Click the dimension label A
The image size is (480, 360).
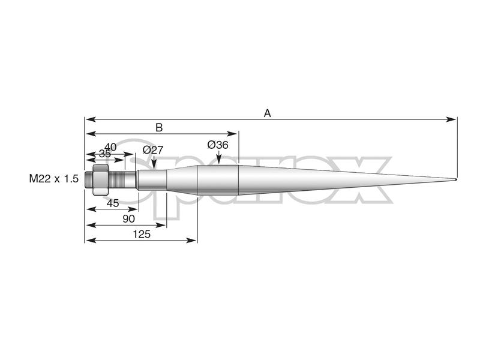coord(268,112)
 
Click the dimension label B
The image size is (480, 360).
coord(159,127)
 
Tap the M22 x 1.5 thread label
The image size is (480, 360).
coord(54,179)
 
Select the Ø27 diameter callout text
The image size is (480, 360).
coord(153,150)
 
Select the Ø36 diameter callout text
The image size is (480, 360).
coord(218,145)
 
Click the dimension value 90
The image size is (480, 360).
coord(128,219)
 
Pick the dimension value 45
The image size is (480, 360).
coord(112,203)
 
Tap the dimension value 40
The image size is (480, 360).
coord(110,146)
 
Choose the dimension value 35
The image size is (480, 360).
coord(105,154)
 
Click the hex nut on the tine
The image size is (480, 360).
coord(100,179)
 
